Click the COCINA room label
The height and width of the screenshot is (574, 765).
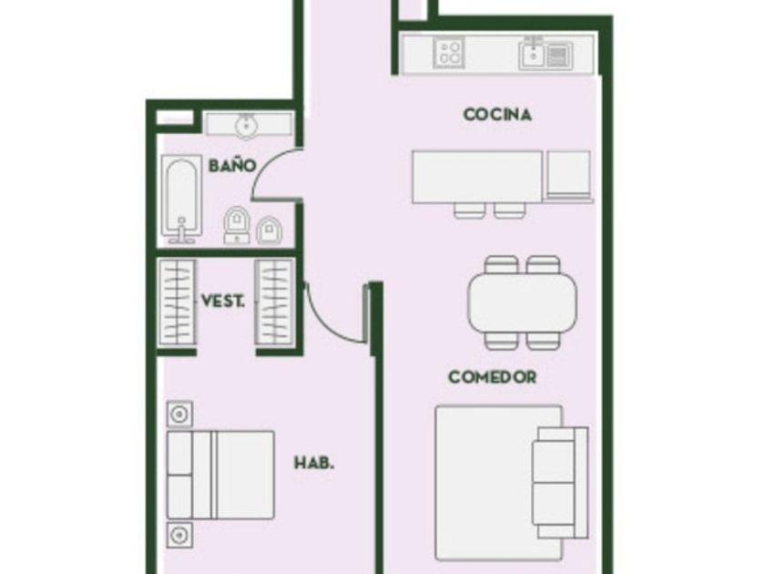497,115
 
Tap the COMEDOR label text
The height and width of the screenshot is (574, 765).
493,377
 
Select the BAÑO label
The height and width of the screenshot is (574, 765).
232,166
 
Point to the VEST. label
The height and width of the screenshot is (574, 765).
223,301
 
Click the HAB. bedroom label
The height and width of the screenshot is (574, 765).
314,463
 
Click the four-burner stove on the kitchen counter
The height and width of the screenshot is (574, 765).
449,52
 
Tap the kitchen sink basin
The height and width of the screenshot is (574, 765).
534,54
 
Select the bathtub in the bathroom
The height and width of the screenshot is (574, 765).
181,199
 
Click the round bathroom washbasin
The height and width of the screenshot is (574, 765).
247,125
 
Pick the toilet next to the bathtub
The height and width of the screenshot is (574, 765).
237,225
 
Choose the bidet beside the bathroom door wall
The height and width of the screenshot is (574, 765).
269,230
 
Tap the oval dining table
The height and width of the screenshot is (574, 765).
522,302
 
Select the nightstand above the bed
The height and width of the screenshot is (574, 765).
179,415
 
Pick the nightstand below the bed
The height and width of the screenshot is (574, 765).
179,536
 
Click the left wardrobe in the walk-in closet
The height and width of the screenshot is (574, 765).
177,302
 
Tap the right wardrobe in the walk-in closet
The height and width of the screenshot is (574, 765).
275,302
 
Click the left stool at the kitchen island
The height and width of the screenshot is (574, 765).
469,210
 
